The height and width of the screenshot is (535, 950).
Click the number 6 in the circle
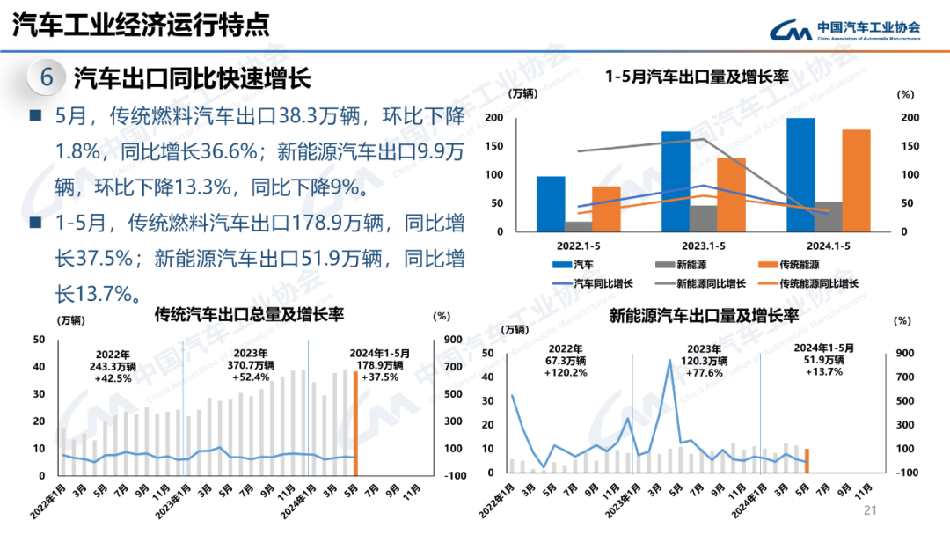(47, 78)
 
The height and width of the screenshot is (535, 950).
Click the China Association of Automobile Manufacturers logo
(845, 30)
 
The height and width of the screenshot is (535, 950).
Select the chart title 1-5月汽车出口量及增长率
(697, 77)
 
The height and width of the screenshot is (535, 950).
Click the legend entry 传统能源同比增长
(808, 283)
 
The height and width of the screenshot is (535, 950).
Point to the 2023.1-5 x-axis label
(702, 246)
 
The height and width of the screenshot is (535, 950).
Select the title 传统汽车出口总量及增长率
(249, 314)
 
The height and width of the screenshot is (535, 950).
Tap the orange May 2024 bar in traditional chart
(355, 423)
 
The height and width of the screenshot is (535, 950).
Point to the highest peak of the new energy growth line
(670, 360)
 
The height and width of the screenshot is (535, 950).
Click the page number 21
(872, 510)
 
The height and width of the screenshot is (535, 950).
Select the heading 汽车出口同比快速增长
(192, 78)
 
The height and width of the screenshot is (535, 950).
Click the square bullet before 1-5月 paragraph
(35, 224)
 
